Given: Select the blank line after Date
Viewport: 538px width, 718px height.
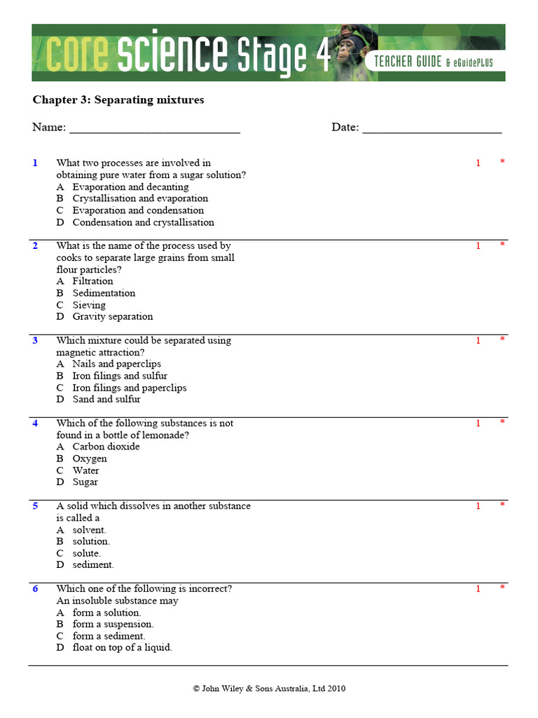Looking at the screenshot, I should [432, 128].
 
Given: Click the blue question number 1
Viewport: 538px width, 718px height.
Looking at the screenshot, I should [35, 163].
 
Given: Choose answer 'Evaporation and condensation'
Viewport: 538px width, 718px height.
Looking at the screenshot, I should [137, 210].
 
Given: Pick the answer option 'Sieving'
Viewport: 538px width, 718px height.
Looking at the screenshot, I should [89, 305].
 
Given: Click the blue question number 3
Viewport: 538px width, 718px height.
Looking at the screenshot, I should [35, 340].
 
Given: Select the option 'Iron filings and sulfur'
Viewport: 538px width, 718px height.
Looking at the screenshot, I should [120, 376].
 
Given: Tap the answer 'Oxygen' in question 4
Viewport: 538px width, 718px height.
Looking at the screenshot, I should [90, 459].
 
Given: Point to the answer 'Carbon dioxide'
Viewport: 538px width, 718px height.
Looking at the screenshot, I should [106, 447].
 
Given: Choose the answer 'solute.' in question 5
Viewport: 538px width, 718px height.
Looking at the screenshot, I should [86, 553].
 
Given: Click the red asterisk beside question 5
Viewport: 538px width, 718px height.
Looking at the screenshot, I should [502, 505].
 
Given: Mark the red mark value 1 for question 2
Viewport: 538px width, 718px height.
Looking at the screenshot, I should [478, 246].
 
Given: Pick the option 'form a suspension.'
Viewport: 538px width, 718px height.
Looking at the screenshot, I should [113, 624].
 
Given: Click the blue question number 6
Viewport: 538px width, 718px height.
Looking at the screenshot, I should [35, 589].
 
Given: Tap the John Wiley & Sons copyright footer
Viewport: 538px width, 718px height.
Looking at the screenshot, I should [269, 689].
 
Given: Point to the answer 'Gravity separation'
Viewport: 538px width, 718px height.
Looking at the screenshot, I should [112, 316].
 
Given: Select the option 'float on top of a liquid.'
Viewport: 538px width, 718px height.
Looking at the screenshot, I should [122, 647].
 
